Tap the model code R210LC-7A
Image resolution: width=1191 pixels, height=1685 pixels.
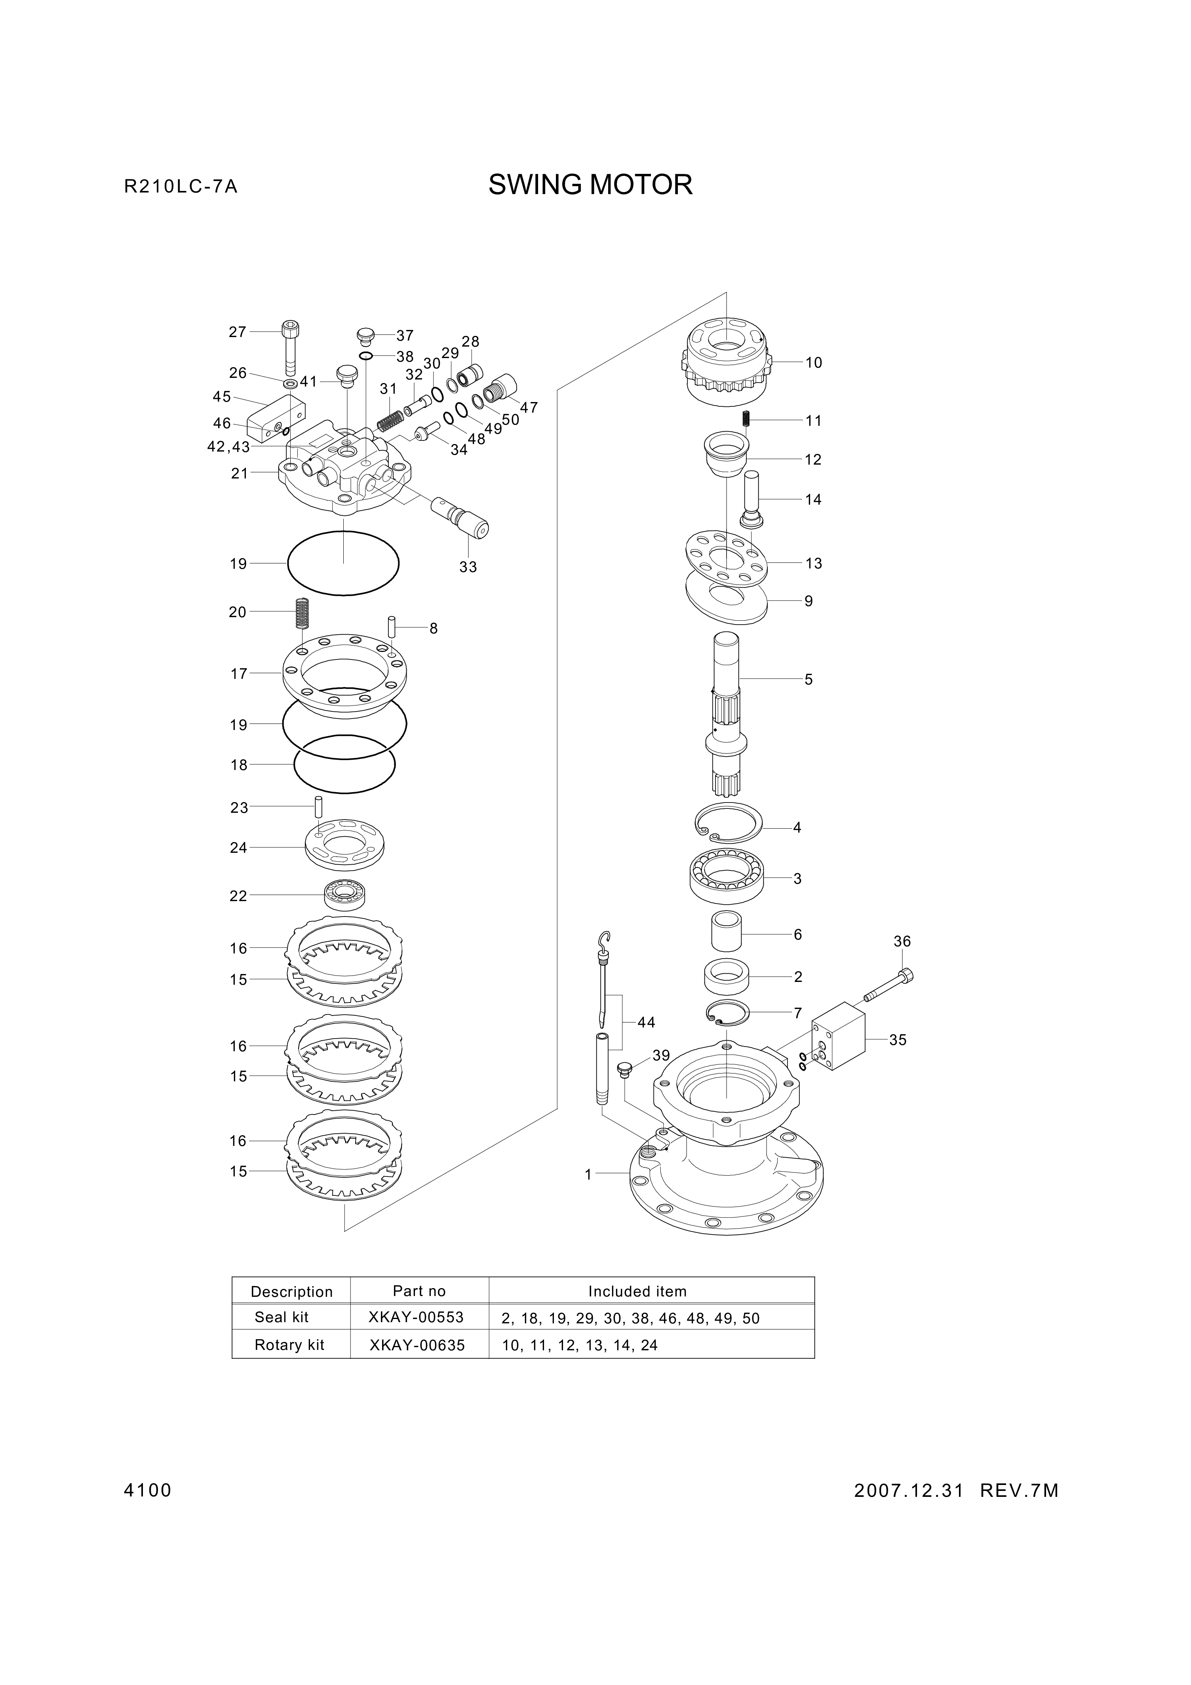181,187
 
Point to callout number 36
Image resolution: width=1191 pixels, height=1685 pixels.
902,941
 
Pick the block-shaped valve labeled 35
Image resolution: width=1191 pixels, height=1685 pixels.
838,1037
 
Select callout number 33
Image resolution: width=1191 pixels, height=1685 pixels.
468,566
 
